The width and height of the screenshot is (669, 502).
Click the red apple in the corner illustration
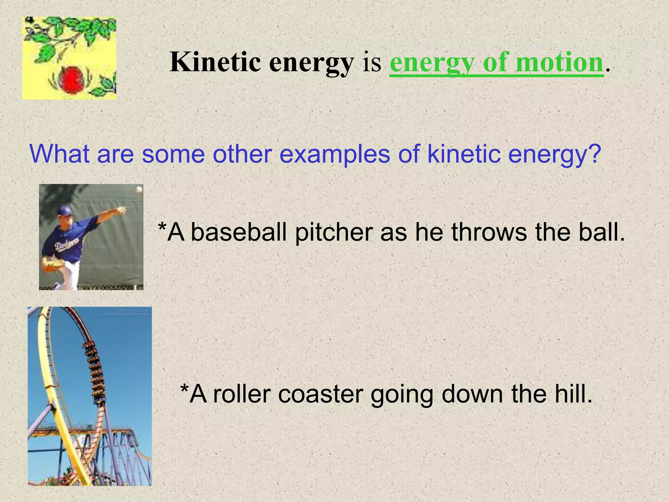coord(70,79)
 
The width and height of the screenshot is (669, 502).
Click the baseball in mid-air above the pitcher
coord(139,189)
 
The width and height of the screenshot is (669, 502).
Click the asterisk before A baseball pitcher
coord(161,226)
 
